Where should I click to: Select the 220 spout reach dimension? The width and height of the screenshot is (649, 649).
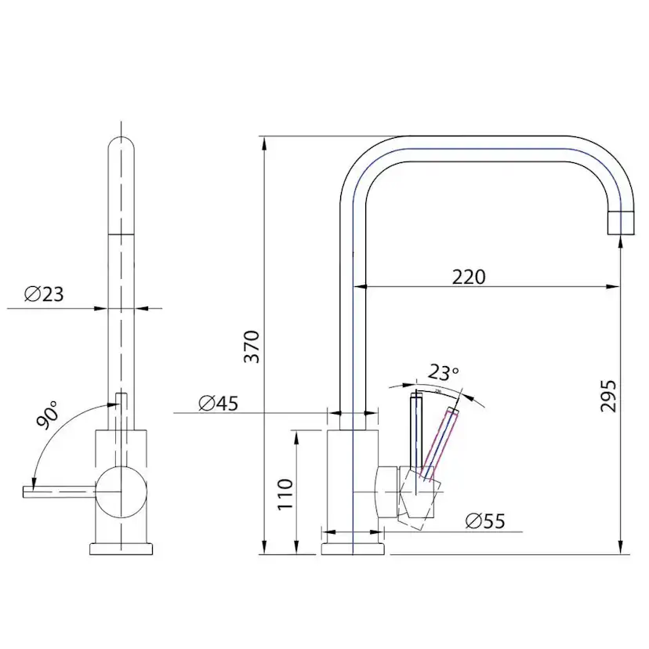click(469, 276)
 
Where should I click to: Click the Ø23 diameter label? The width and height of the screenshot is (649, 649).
click(44, 295)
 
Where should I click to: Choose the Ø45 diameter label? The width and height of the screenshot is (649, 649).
click(218, 403)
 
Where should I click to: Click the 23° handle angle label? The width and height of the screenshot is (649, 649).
click(444, 372)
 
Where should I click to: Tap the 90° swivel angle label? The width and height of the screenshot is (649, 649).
click(47, 415)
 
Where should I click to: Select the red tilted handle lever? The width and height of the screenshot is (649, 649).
click(441, 441)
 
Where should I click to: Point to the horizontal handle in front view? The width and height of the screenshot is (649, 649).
click(59, 491)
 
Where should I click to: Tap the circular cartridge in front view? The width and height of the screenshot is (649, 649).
click(121, 491)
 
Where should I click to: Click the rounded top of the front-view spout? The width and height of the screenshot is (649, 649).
click(121, 149)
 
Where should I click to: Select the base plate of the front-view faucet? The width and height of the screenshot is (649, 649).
click(121, 548)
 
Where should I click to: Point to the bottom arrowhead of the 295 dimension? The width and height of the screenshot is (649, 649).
click(620, 546)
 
